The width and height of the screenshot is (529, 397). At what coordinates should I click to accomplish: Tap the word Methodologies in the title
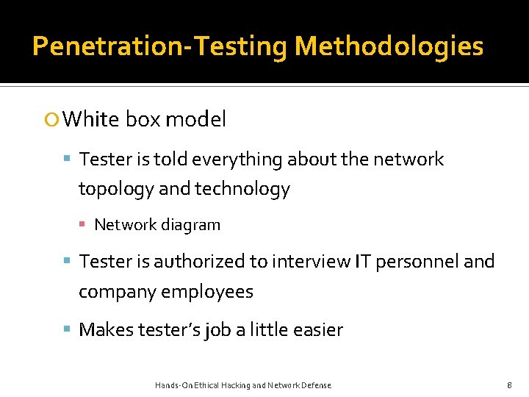389,46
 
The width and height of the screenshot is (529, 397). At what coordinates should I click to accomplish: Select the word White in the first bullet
92,119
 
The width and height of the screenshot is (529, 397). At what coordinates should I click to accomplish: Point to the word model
196,119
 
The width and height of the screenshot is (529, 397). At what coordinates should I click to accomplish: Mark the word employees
207,292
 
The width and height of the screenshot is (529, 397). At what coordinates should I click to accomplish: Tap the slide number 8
509,385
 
